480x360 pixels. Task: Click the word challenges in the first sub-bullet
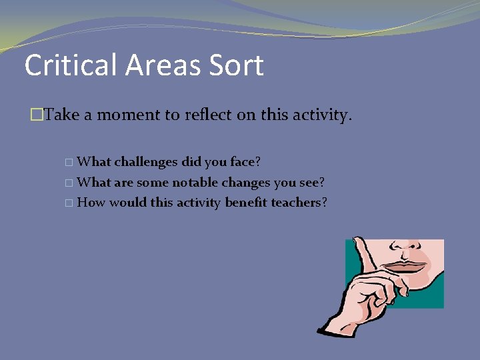[x=146, y=162]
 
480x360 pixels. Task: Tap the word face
[x=244, y=162]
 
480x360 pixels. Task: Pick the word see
[x=312, y=182]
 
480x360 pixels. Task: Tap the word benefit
[x=246, y=202]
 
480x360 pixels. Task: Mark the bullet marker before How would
[x=71, y=203]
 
